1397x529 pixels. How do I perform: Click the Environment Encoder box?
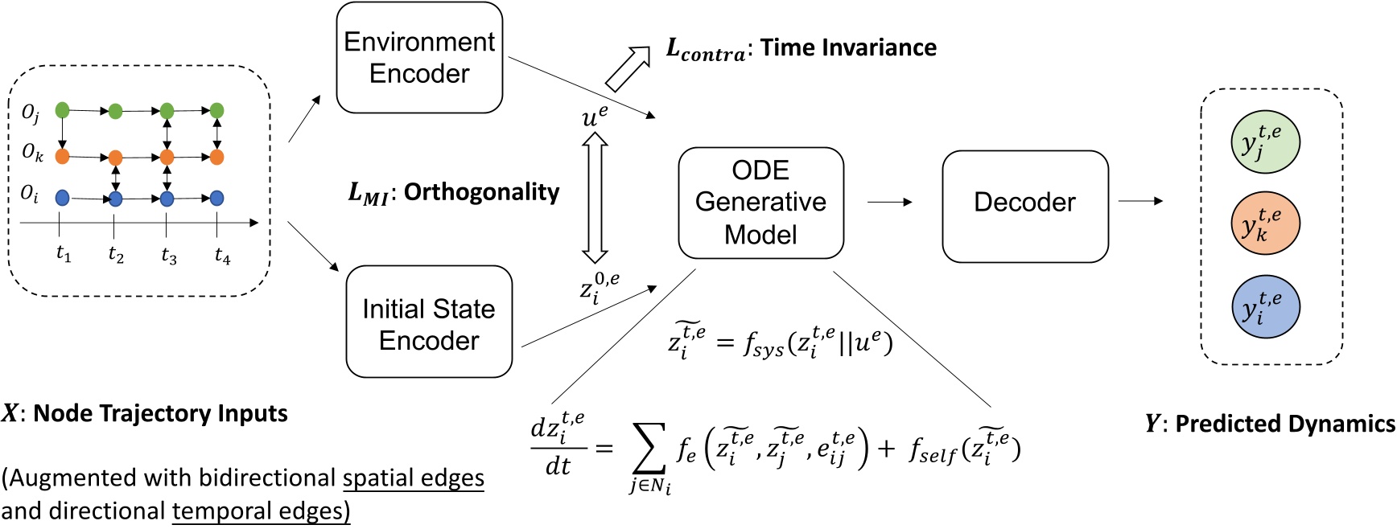click(419, 58)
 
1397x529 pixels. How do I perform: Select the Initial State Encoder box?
click(429, 322)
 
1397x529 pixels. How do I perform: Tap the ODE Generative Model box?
click(760, 203)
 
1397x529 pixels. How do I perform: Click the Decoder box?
click(1024, 206)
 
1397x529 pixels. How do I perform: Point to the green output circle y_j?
click(1264, 141)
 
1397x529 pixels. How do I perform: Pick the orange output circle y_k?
click(1264, 223)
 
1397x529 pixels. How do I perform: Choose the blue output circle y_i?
click(1264, 307)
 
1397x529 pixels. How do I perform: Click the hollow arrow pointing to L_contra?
click(628, 68)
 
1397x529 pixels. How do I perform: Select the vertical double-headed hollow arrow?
click(595, 198)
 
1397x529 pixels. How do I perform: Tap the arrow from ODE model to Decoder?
click(889, 202)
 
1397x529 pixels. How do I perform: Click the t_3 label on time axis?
click(168, 256)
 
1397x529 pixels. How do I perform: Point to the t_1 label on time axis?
click(64, 254)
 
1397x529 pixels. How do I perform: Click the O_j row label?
click(31, 113)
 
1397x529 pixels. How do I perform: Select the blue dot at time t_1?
click(62, 198)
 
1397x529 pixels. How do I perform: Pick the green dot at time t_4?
click(216, 111)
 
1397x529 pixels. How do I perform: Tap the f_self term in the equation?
click(933, 450)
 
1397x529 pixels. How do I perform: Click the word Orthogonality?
click(481, 192)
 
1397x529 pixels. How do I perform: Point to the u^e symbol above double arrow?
click(595, 117)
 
